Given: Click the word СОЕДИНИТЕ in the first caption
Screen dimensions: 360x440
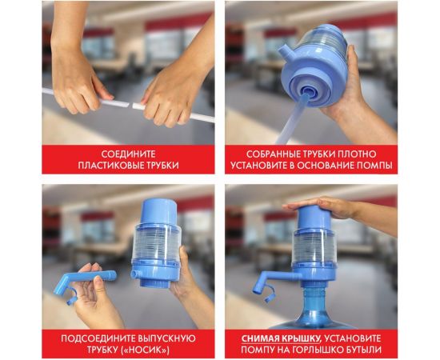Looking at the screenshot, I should [x=129, y=153].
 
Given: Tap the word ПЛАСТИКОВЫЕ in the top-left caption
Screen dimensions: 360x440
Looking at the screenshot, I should [x=115, y=166].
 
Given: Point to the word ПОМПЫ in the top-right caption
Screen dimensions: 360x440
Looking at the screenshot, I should [x=374, y=166].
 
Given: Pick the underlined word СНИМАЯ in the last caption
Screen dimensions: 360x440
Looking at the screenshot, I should [x=262, y=337].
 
